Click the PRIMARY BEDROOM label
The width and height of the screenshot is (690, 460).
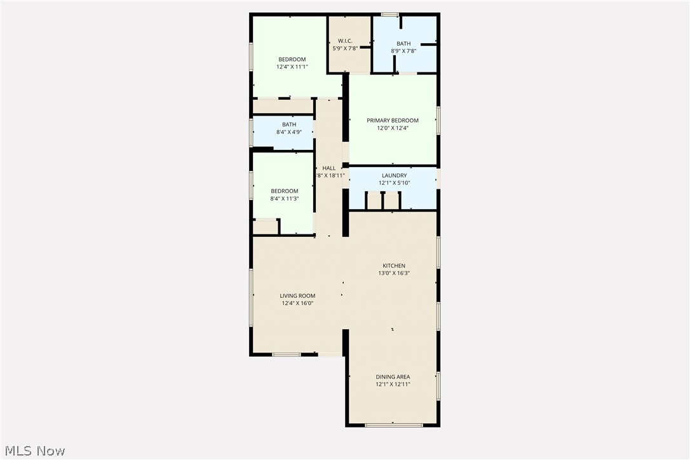(392, 121)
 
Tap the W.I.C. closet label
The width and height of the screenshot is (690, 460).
(345, 41)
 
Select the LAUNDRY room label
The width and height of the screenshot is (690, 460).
(394, 175)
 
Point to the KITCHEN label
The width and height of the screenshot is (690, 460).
(393, 266)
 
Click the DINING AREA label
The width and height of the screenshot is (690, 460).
(392, 377)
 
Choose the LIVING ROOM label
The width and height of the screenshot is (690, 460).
(297, 295)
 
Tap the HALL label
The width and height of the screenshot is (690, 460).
(328, 168)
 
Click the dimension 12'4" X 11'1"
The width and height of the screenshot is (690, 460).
(292, 67)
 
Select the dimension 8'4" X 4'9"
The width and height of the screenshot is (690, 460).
(288, 132)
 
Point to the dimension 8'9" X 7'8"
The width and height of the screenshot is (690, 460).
(403, 51)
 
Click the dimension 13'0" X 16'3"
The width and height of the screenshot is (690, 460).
(393, 273)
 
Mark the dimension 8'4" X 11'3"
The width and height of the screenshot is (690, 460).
(284, 199)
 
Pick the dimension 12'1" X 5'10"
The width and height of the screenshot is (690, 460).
(394, 183)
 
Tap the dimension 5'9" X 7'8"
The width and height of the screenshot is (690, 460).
(345, 48)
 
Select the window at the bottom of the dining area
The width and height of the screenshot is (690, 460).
(393, 424)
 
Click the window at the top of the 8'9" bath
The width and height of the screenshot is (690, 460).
(389, 14)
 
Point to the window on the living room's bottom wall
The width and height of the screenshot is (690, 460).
(286, 354)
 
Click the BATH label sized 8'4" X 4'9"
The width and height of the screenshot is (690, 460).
(288, 125)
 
